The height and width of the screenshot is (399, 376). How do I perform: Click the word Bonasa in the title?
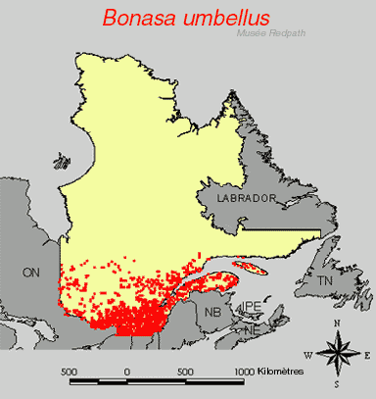click(x=140, y=17)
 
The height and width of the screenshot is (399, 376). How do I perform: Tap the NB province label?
click(x=211, y=312)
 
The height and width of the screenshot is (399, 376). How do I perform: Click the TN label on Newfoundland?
click(x=325, y=281)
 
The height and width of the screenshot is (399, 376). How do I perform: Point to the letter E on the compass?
click(x=368, y=354)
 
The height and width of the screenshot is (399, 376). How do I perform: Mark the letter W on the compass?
click(x=306, y=354)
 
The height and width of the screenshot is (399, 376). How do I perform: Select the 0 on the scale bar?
click(x=127, y=372)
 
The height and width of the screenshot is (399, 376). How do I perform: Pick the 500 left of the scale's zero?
click(x=69, y=372)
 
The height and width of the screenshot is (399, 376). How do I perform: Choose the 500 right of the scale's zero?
click(x=185, y=372)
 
